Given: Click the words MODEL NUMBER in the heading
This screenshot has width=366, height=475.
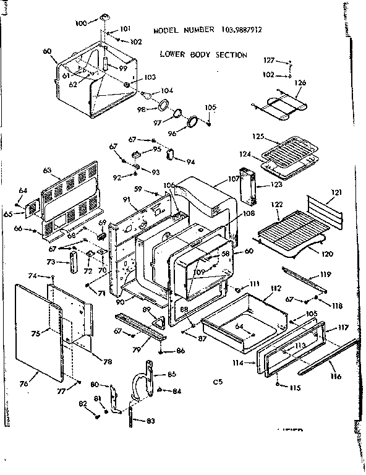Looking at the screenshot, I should click(x=184, y=30).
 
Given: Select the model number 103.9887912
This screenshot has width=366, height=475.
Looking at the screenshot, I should click(x=244, y=30).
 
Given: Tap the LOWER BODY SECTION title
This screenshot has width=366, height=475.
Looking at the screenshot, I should click(x=203, y=54).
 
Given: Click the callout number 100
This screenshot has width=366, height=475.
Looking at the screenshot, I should click(x=81, y=24).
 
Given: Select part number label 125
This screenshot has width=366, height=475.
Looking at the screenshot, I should click(x=258, y=136).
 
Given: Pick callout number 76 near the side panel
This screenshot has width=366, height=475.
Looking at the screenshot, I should click(x=24, y=384).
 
